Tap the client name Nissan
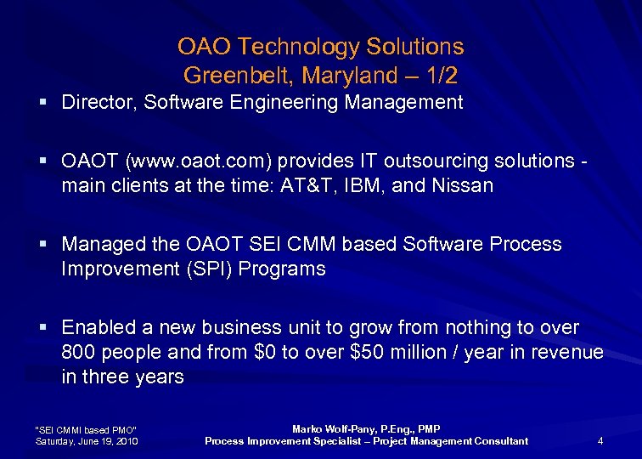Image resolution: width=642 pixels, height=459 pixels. [x=465, y=185]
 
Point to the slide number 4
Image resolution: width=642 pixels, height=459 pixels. [x=600, y=440]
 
